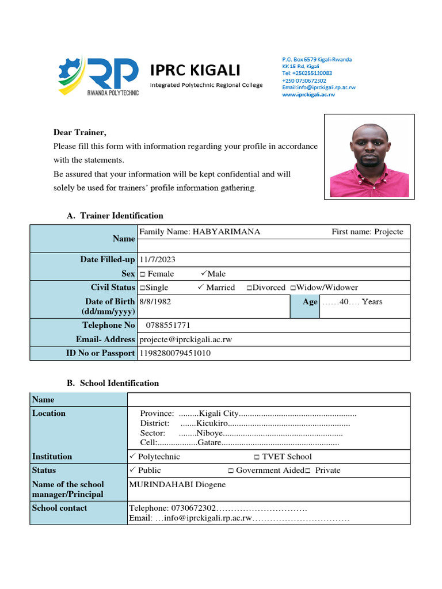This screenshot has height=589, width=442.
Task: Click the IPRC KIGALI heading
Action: tap(195, 70)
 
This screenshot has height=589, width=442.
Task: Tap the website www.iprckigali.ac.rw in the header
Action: tap(308, 94)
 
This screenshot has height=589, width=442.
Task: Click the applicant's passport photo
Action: tap(369, 156)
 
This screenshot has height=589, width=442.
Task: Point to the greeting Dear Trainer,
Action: tap(80, 133)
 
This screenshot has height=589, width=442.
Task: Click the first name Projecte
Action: tap(389, 232)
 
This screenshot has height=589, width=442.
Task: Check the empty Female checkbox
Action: tap(142, 274)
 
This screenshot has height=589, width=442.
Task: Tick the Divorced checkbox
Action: tap(249, 288)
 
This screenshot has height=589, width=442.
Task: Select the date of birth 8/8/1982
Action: tap(155, 301)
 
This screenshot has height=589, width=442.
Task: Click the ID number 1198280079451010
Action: tap(176, 353)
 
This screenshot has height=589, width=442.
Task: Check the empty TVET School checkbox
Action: tap(257, 457)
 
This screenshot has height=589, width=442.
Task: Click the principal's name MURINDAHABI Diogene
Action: tap(177, 484)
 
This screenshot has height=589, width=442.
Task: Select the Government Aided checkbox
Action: tap(230, 471)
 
